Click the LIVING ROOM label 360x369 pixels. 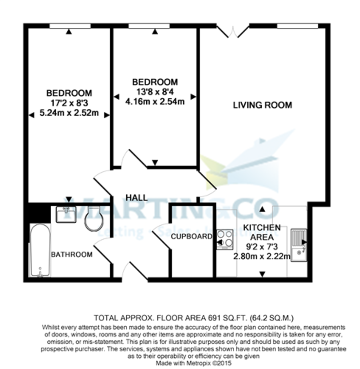262,105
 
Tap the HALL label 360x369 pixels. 136,197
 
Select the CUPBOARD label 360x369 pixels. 191,236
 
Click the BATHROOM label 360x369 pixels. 72,255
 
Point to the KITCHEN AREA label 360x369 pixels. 262,232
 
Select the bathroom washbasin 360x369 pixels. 66,214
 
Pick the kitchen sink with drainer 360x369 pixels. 299,245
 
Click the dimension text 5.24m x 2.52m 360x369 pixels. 69,113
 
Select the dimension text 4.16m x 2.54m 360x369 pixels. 155,101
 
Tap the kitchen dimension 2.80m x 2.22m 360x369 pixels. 262,256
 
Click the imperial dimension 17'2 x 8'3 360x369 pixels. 69,103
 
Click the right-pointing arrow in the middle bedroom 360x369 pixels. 193,97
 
